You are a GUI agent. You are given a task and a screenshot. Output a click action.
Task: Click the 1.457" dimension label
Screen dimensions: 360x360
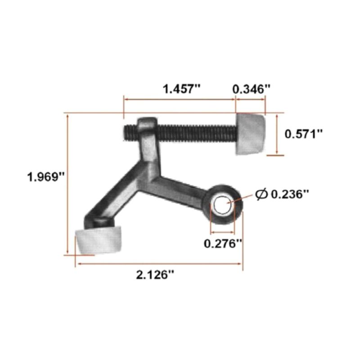coord(181,89)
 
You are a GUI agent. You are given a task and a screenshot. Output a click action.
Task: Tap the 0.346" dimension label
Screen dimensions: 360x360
coord(252,89)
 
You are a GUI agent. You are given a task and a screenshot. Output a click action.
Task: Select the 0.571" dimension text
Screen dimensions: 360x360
coord(304,134)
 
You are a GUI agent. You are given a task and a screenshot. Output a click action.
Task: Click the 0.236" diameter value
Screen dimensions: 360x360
coord(290,193)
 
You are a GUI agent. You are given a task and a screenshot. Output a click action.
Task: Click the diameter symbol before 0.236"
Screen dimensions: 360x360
coord(261,194)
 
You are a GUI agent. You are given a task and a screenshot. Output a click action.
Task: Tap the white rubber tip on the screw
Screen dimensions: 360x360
coord(251,134)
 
